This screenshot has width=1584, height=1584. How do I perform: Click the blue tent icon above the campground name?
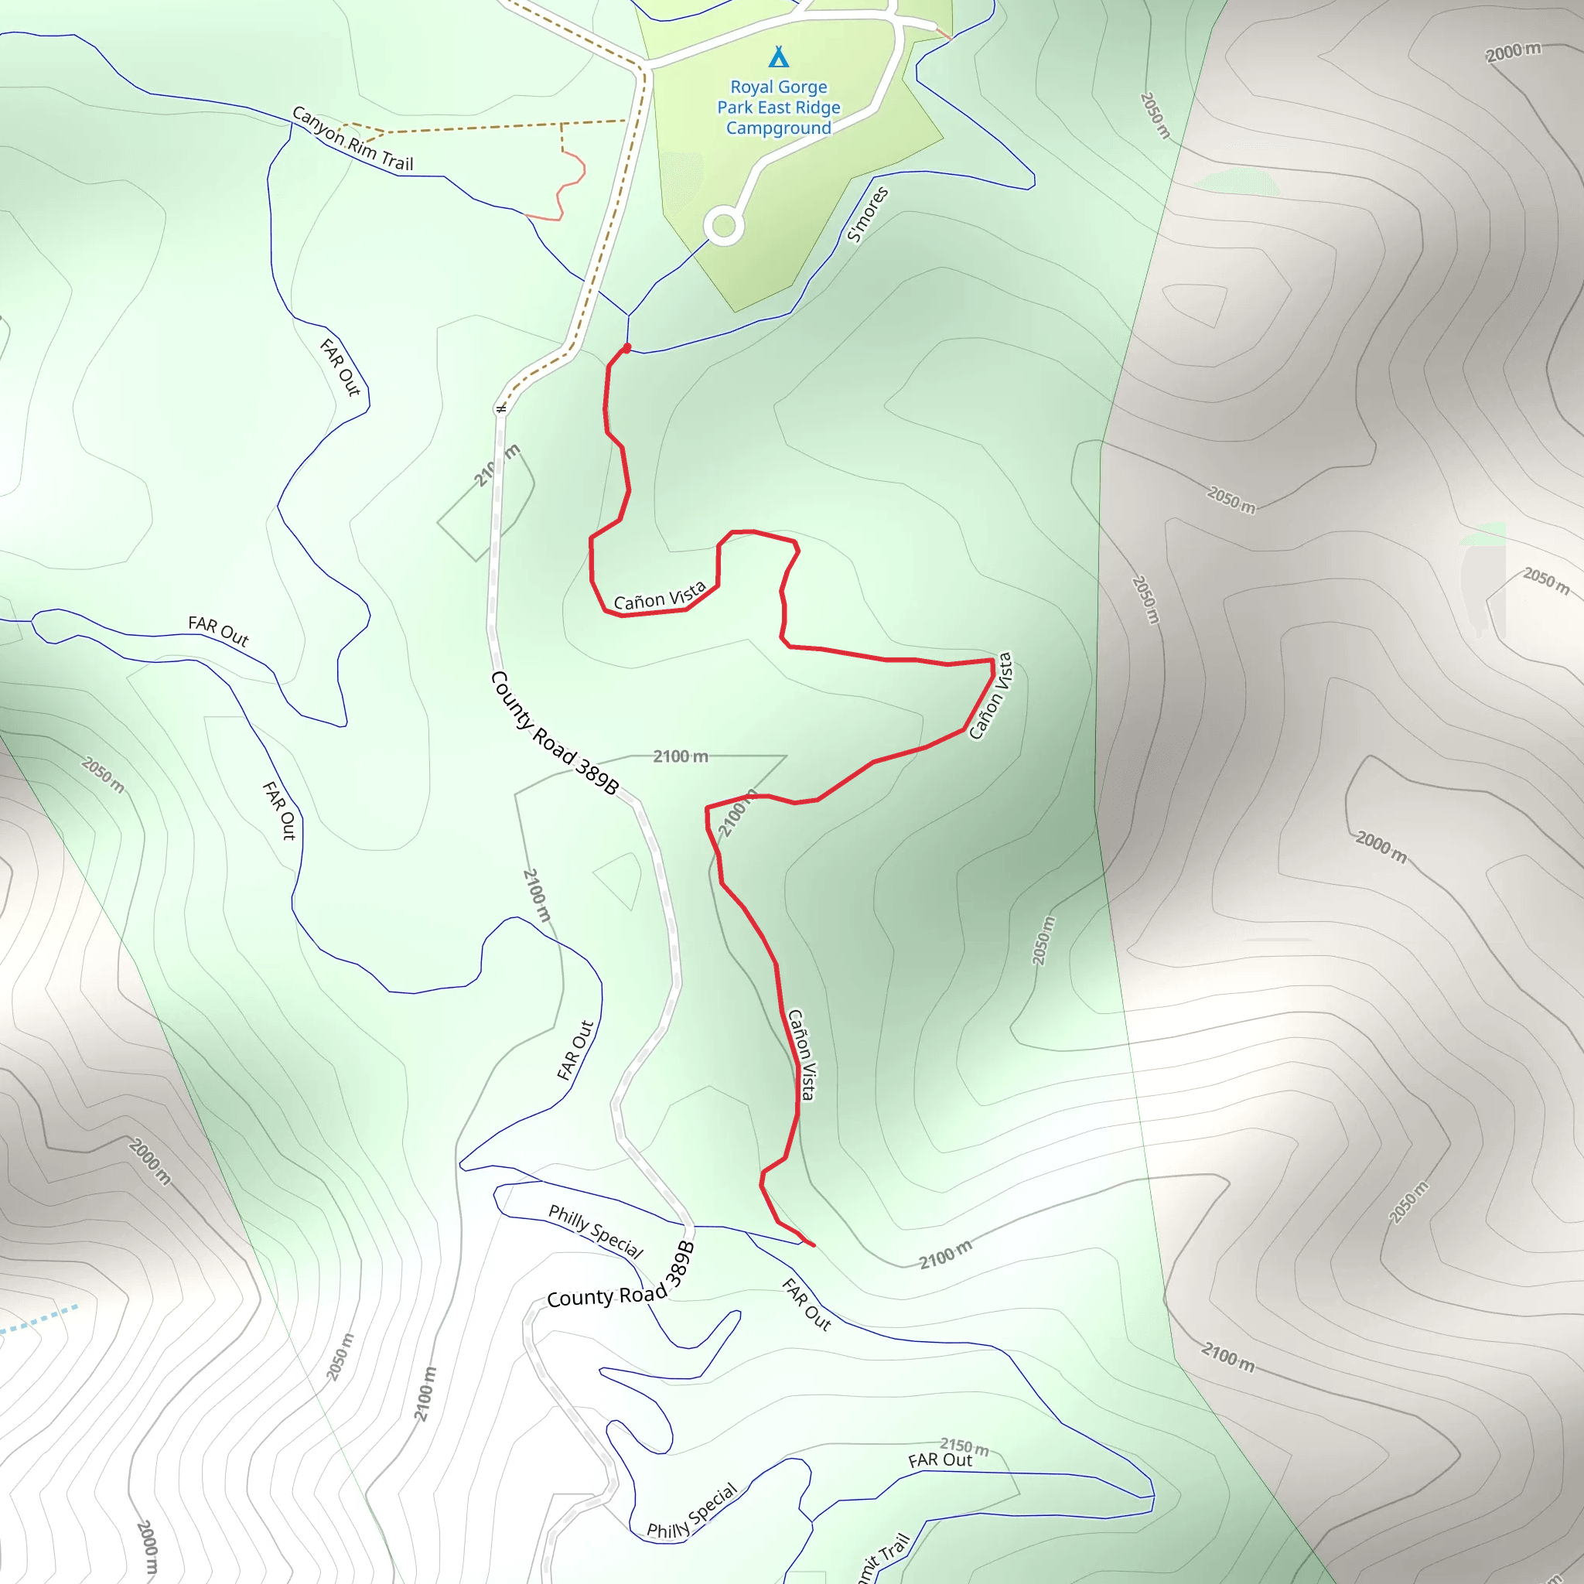point(778,57)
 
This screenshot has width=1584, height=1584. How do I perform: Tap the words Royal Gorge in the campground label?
point(778,87)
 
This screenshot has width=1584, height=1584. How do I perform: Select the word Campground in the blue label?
point(778,128)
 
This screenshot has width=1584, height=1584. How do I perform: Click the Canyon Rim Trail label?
point(353,139)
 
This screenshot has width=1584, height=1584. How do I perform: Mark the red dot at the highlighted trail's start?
point(627,347)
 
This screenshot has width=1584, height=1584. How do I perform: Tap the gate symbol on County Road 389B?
point(501,408)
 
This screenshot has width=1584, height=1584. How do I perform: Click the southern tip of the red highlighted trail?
point(814,1246)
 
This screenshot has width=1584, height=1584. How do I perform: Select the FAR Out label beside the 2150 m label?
point(940,1461)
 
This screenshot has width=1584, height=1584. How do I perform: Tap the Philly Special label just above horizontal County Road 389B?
point(596,1231)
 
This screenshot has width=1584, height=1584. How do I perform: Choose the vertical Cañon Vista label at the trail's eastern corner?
point(991,696)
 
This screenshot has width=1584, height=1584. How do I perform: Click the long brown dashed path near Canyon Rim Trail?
point(492,127)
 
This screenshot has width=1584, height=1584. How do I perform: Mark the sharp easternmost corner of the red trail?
point(993,660)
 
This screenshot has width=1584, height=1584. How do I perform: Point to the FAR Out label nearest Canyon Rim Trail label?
point(340,367)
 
